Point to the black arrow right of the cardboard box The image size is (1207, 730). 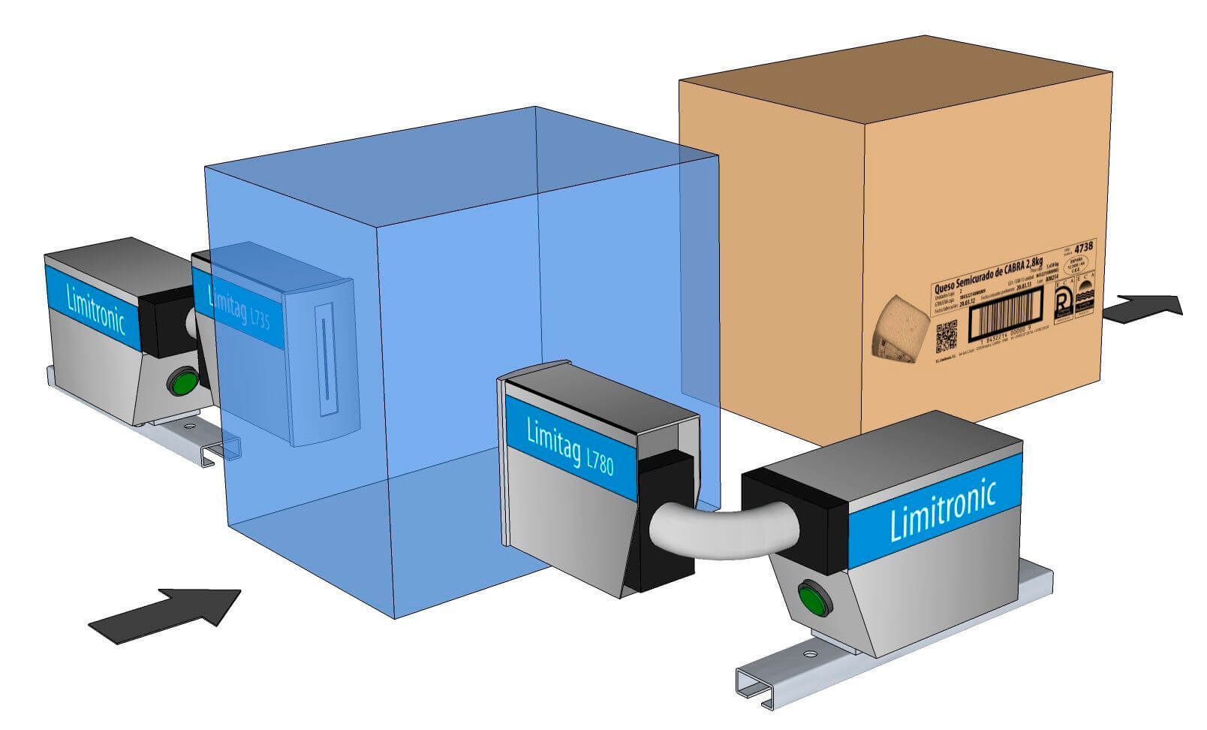[x=1145, y=308]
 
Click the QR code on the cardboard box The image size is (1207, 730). [x=947, y=336]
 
